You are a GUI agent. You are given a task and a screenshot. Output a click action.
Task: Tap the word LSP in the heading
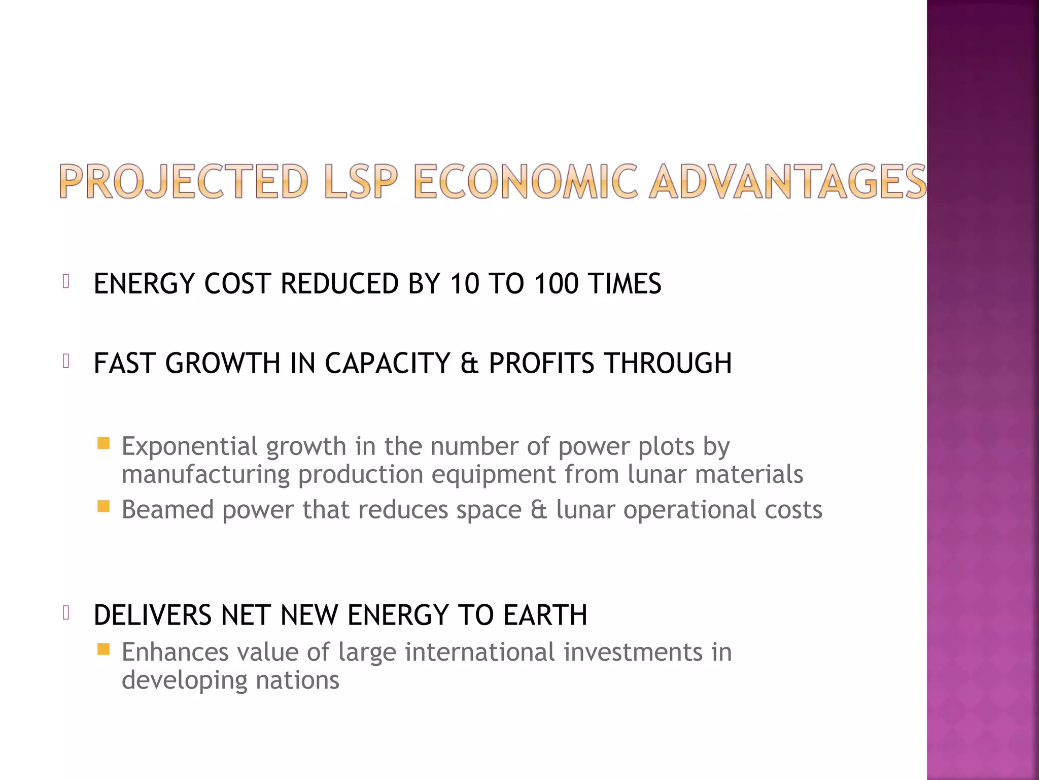click(x=361, y=181)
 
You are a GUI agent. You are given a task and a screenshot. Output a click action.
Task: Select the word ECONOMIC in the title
click(x=526, y=181)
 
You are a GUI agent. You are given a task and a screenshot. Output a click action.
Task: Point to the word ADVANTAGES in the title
click(x=788, y=181)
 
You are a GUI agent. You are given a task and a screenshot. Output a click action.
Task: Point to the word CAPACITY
click(x=388, y=363)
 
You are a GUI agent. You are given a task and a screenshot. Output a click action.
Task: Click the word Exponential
click(x=190, y=447)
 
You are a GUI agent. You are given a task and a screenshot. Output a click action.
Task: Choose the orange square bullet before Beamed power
click(x=103, y=506)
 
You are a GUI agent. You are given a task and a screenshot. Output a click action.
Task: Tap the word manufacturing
click(x=205, y=475)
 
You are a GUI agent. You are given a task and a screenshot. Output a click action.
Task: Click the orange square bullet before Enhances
click(x=103, y=649)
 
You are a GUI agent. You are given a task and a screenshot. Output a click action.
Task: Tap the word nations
click(x=297, y=680)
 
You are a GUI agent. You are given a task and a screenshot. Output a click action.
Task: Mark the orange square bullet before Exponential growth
click(x=103, y=443)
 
